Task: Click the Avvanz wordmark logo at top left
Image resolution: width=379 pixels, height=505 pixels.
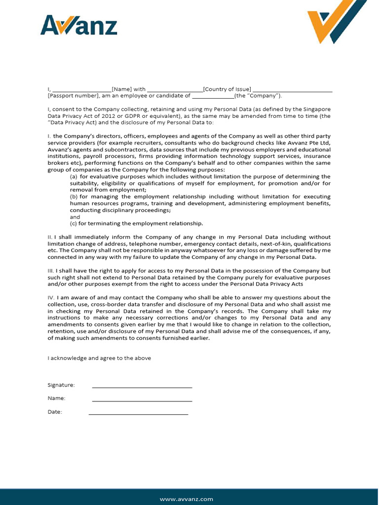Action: pyautogui.click(x=78, y=25)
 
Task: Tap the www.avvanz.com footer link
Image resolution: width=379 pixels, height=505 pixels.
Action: pyautogui.click(x=187, y=499)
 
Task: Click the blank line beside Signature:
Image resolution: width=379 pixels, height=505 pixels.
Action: pyautogui.click(x=142, y=387)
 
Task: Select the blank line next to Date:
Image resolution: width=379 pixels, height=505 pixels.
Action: pyautogui.click(x=138, y=413)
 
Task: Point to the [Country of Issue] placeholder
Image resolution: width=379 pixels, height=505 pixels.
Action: pyautogui.click(x=227, y=89)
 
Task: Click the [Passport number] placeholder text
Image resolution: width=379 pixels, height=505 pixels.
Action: pyautogui.click(x=74, y=96)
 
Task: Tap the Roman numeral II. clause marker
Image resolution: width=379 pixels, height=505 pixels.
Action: pyautogui.click(x=50, y=237)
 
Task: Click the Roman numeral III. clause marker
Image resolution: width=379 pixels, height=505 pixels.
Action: pyautogui.click(x=51, y=271)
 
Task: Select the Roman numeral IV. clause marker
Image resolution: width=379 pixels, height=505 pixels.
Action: pyautogui.click(x=51, y=298)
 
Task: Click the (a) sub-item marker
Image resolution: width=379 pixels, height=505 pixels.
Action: pyautogui.click(x=74, y=177)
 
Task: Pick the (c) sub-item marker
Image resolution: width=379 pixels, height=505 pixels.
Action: pyautogui.click(x=74, y=223)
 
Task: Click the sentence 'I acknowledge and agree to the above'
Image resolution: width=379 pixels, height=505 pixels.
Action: pyautogui.click(x=99, y=358)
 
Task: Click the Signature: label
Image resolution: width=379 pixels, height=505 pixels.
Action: pyautogui.click(x=61, y=385)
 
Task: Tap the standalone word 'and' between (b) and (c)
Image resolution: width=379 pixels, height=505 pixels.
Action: pyautogui.click(x=75, y=217)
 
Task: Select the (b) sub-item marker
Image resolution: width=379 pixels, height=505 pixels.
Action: pyautogui.click(x=74, y=196)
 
